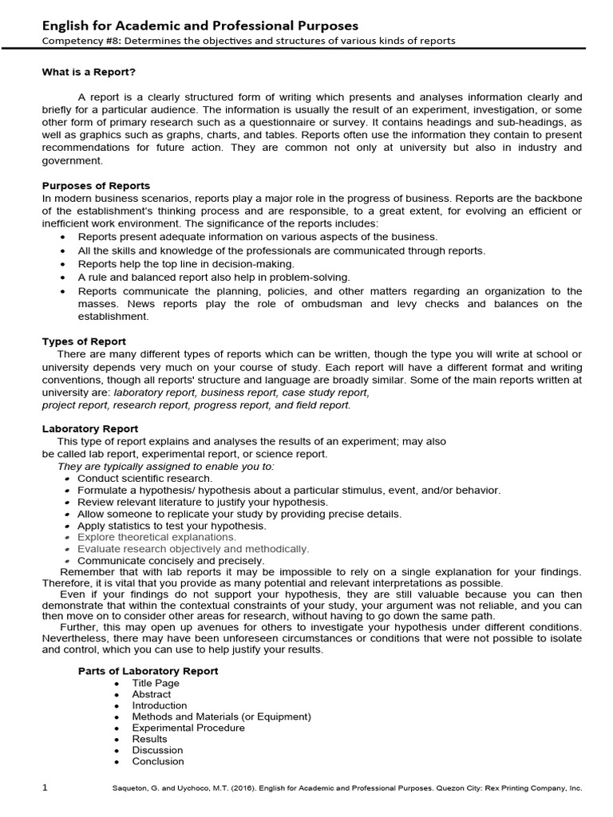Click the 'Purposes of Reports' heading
tap(96, 186)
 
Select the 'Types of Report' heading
tap(84, 341)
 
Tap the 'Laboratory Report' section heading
tap(89, 429)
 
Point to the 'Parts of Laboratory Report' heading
tap(148, 671)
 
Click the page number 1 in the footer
tap(45, 788)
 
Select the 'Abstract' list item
tap(152, 694)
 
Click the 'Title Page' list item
tap(156, 683)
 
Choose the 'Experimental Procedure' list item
tap(188, 728)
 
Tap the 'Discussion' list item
tap(157, 750)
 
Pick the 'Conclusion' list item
tap(158, 761)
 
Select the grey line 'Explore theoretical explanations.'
tap(156, 538)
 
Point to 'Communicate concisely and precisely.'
tap(171, 561)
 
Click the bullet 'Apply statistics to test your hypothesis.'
tap(172, 527)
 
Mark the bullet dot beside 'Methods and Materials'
tap(117, 716)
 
